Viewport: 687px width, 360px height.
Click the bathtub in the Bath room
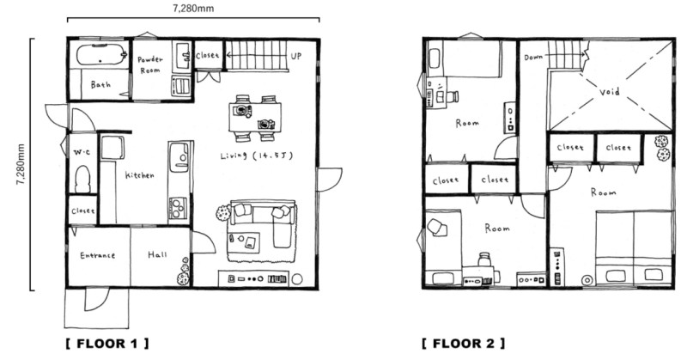pyautogui.click(x=100, y=55)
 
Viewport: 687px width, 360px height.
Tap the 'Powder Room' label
pyautogui.click(x=149, y=64)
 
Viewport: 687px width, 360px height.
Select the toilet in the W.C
pyautogui.click(x=82, y=180)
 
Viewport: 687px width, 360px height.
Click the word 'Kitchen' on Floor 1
pyautogui.click(x=140, y=175)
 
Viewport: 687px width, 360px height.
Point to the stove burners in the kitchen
pyautogui.click(x=178, y=207)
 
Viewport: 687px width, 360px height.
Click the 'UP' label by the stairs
pyautogui.click(x=296, y=56)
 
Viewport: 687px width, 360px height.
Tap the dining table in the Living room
pyautogui.click(x=255, y=117)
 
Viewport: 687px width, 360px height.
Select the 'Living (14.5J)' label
pyautogui.click(x=256, y=156)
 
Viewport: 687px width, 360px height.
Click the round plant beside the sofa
pyautogui.click(x=223, y=212)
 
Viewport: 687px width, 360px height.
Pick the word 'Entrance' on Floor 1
pyautogui.click(x=97, y=255)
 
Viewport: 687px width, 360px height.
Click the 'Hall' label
pyautogui.click(x=157, y=254)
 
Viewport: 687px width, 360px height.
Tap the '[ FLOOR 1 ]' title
pyautogui.click(x=107, y=344)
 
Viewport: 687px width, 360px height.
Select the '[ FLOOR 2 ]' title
pyautogui.click(x=463, y=343)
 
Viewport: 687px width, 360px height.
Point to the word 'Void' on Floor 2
pyautogui.click(x=610, y=92)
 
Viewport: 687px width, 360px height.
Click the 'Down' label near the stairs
pyautogui.click(x=533, y=57)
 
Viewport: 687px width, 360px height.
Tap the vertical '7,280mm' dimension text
pyautogui.click(x=21, y=164)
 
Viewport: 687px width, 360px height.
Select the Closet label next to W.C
pyautogui.click(x=82, y=211)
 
